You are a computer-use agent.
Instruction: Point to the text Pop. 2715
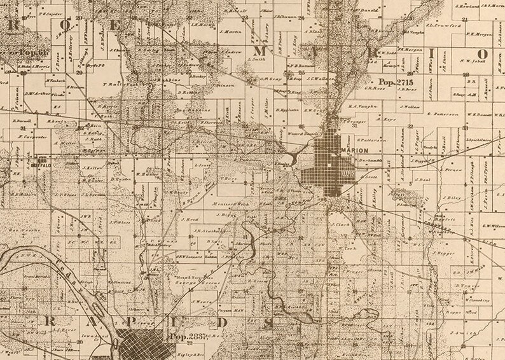coord(396,83)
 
